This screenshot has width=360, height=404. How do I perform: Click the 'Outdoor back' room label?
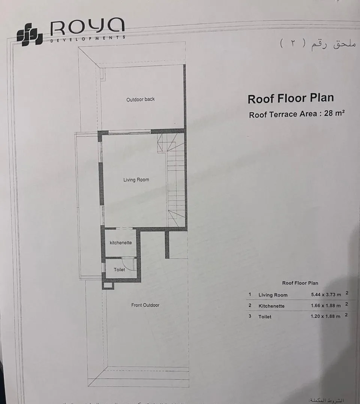[140, 99]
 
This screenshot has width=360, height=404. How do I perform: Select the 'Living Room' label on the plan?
[136, 180]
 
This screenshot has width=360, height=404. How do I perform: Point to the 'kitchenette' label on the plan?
[121, 243]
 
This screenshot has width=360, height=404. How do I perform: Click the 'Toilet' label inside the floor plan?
[119, 269]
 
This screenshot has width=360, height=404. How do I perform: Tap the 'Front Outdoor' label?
[145, 305]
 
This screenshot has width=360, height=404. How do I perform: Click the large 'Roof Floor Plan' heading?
[291, 99]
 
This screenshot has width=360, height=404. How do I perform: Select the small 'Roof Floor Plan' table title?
[300, 283]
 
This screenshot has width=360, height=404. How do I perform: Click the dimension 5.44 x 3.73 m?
[326, 295]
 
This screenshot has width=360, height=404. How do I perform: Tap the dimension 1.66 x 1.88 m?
[326, 306]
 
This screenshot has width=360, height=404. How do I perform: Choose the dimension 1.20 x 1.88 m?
[326, 317]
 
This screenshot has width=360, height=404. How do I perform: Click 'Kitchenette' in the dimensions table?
[271, 306]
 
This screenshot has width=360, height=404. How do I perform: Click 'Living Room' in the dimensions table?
[273, 295]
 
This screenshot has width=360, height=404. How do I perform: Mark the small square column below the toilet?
[108, 286]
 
